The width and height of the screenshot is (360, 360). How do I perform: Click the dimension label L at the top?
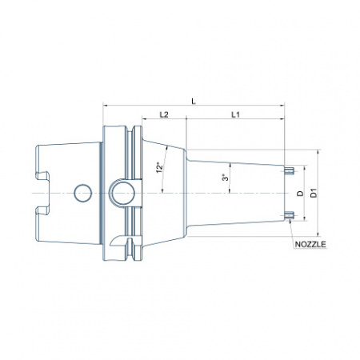coord(194,101)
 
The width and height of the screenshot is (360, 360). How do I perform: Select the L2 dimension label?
coord(164,114)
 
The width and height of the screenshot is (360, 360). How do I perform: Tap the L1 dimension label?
coord(235,114)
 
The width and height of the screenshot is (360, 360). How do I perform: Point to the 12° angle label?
coord(159,167)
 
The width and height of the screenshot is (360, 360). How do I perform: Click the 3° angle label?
coord(226,177)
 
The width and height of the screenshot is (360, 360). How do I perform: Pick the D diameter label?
coord(301,194)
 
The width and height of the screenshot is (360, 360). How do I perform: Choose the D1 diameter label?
coord(314,193)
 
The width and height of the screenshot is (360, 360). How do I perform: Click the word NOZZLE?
coord(310,244)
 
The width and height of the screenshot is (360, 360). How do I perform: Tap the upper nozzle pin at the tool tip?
coord(289,170)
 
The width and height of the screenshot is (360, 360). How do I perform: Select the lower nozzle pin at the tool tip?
coord(289,215)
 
